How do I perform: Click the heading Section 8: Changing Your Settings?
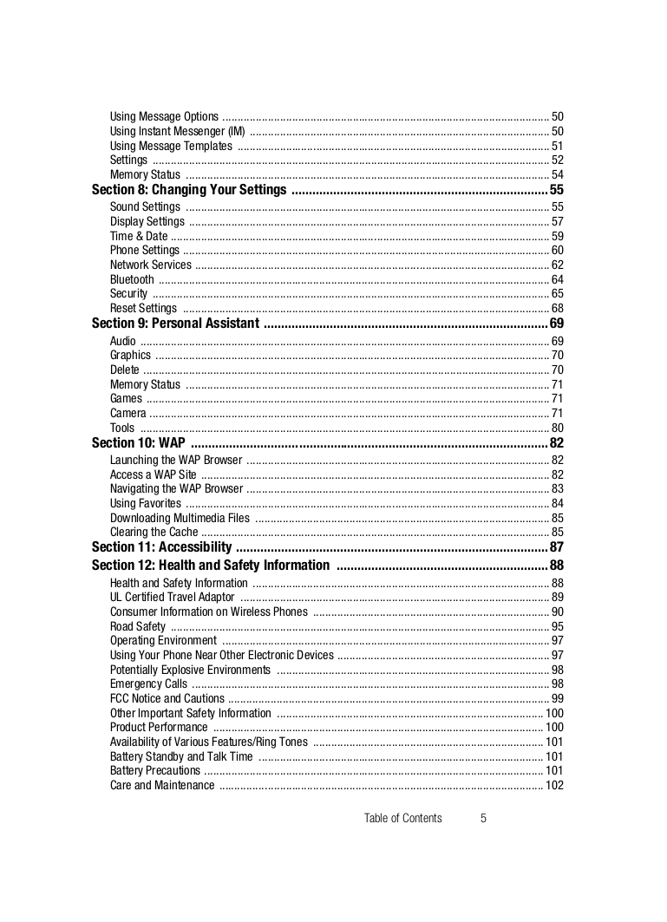(x=189, y=190)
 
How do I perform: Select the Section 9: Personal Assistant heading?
(x=175, y=324)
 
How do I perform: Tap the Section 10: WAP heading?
(x=138, y=443)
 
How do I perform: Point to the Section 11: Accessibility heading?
(x=161, y=547)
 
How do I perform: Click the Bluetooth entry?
(x=132, y=279)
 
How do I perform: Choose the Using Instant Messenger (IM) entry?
(x=177, y=131)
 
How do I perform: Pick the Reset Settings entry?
(x=143, y=309)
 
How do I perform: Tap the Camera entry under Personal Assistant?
(x=128, y=413)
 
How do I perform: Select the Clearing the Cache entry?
(x=154, y=533)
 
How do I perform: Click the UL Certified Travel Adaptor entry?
(x=172, y=598)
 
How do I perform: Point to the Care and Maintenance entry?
(x=162, y=786)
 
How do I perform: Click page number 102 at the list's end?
(x=554, y=786)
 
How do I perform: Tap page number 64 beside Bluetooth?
(x=558, y=279)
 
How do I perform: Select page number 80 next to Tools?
(x=558, y=428)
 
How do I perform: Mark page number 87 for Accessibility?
(x=557, y=547)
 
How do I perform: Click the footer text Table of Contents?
(x=402, y=818)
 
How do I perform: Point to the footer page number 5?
(x=483, y=818)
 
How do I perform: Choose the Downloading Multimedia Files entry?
(x=180, y=518)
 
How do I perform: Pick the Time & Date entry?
(x=139, y=236)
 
